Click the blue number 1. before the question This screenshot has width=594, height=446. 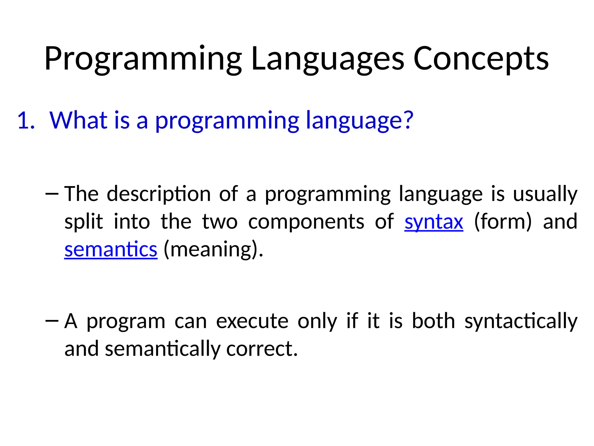tap(26, 121)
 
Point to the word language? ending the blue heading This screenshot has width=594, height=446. tap(360, 121)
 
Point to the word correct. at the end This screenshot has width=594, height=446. tap(262, 349)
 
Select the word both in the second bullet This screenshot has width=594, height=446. tap(433, 321)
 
